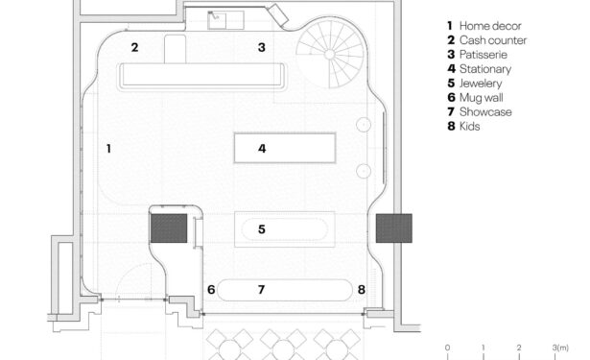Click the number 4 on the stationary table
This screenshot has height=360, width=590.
262,149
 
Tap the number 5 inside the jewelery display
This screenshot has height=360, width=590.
262,229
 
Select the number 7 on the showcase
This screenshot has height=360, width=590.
262,290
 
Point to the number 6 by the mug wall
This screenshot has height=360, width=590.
211,290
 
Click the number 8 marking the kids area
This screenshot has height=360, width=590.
362,290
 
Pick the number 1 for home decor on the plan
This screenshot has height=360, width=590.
108,149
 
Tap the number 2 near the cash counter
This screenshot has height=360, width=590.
134,47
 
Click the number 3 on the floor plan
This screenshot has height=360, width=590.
262,47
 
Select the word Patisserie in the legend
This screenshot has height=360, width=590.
484,55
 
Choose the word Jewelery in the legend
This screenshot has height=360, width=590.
481,84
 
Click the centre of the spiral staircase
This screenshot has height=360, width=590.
330,55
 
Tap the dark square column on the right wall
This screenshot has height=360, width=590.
394,228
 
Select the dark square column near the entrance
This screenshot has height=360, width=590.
169,228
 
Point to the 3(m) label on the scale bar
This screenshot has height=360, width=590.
560,348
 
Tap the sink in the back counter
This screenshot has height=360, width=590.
217,20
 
